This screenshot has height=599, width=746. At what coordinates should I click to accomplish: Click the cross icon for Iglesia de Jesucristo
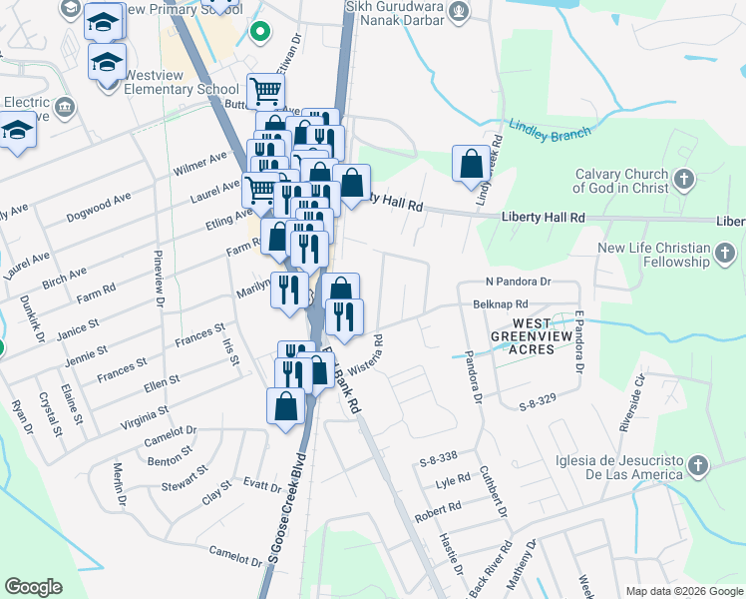click(x=698, y=466)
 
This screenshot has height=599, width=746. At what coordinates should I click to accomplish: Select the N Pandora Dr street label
click(x=519, y=283)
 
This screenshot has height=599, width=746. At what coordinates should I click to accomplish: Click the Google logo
click(x=33, y=587)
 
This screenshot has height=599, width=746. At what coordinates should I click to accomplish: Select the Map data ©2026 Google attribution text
click(x=683, y=591)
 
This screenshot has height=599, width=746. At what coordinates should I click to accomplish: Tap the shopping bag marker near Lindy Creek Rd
click(x=471, y=164)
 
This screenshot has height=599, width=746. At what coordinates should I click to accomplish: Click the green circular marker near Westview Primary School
click(x=260, y=32)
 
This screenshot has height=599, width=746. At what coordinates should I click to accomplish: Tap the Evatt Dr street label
click(x=262, y=485)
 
